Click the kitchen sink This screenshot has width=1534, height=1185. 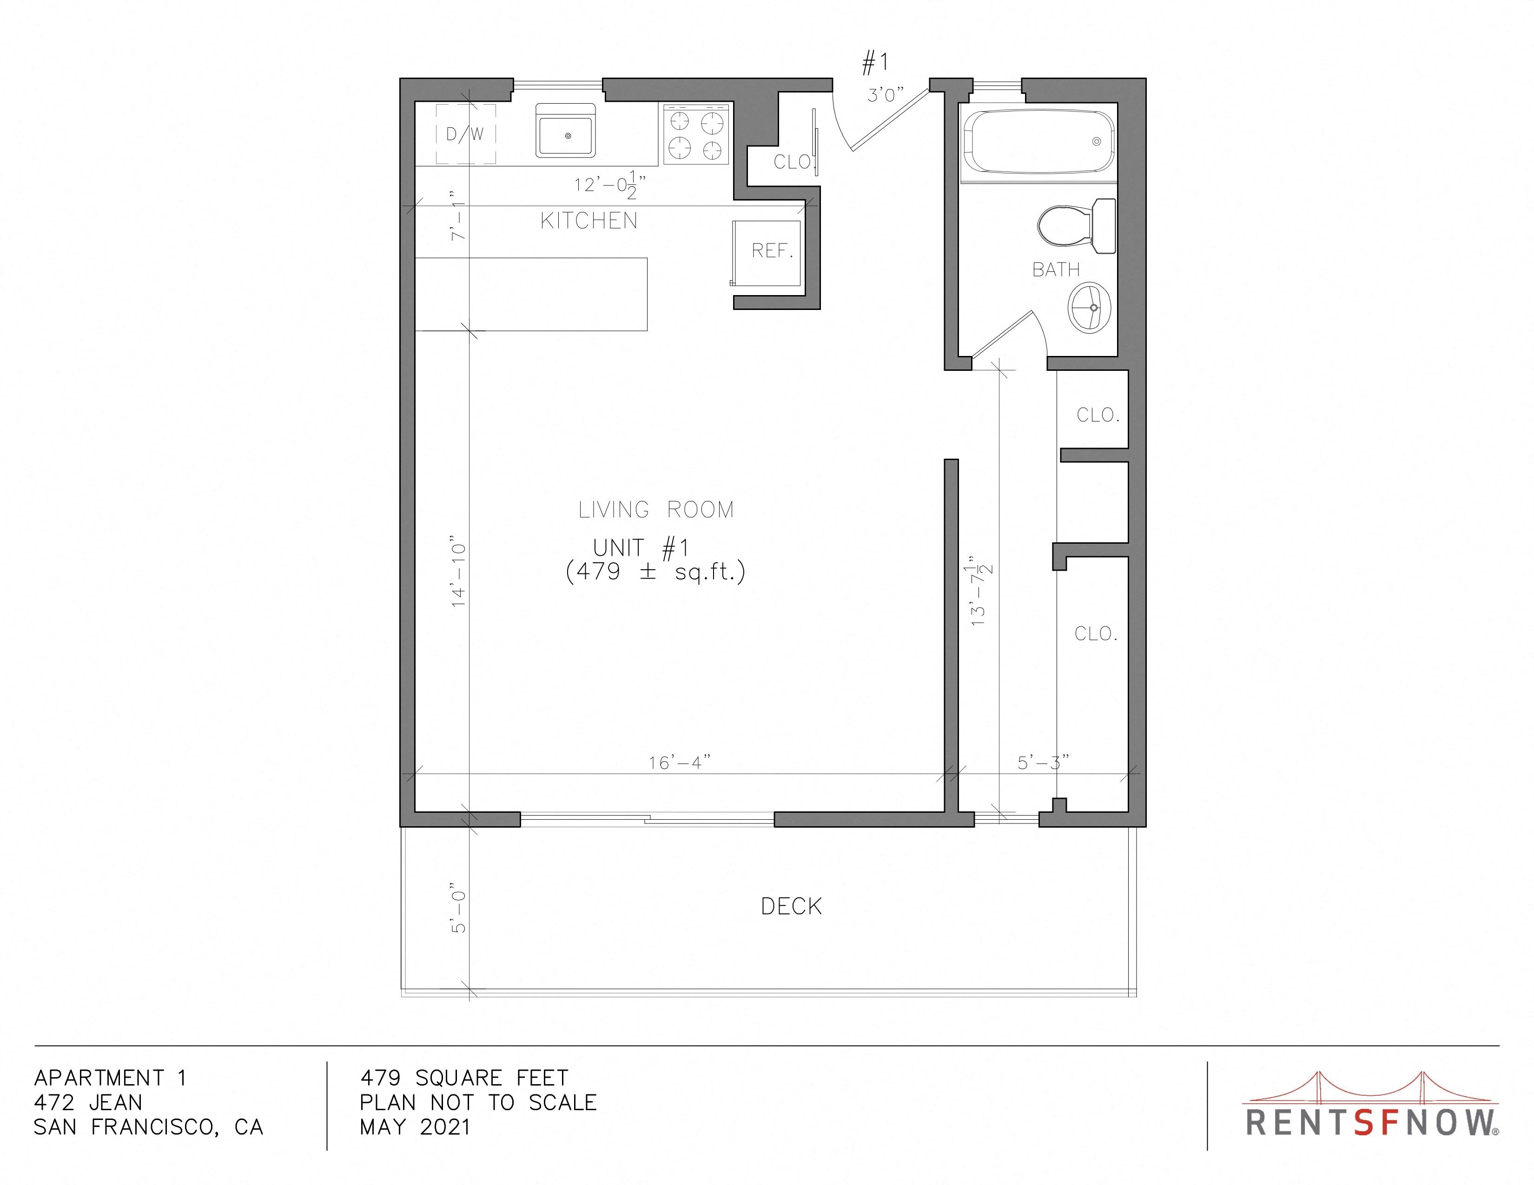pyautogui.click(x=565, y=131)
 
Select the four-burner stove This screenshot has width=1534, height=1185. pyautogui.click(x=696, y=134)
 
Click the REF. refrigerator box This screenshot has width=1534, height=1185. pyautogui.click(x=766, y=253)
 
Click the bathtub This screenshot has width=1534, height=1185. pyautogui.click(x=1038, y=142)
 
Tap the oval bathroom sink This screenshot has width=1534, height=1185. pyautogui.click(x=1090, y=308)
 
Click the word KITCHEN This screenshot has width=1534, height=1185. pyautogui.click(x=588, y=221)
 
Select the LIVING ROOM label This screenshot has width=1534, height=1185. pyautogui.click(x=656, y=510)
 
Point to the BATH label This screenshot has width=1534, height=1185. pyautogui.click(x=1056, y=270)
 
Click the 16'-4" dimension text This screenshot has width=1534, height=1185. pyautogui.click(x=679, y=763)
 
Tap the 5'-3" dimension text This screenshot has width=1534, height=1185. pyautogui.click(x=1043, y=763)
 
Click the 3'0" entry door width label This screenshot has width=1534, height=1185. pyautogui.click(x=885, y=95)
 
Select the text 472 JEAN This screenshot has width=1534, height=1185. pyautogui.click(x=88, y=1102)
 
